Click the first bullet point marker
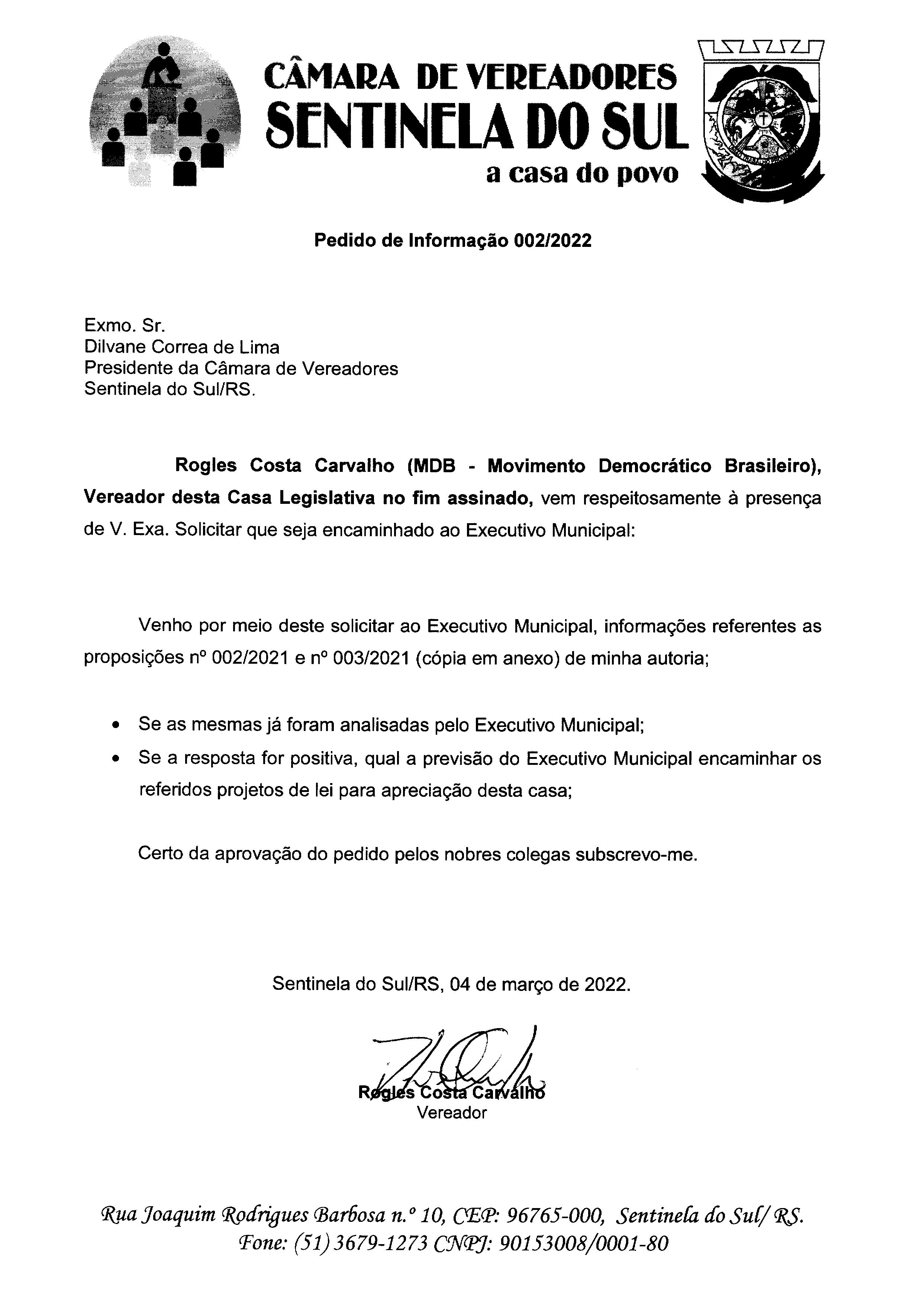point(116,726)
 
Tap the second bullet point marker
point(116,759)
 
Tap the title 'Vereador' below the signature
point(452,1113)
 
